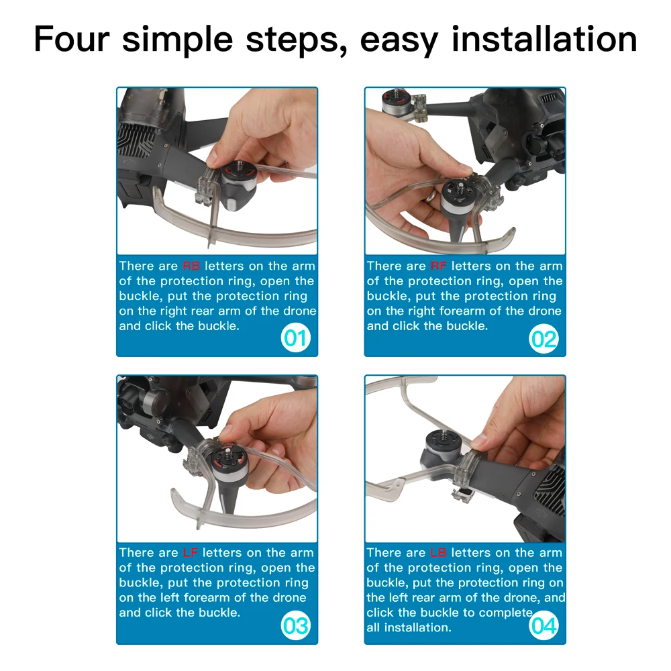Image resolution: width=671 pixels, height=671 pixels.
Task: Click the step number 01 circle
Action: coord(295,338)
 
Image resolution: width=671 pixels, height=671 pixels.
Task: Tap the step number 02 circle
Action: coord(544,339)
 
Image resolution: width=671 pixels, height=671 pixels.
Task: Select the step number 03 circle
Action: coord(295,625)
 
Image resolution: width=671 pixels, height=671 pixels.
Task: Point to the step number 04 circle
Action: coord(544,625)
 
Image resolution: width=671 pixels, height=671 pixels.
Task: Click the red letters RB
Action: coord(191,266)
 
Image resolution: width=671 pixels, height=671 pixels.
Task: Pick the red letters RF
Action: coord(439,266)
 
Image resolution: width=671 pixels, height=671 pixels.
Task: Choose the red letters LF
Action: coord(190,552)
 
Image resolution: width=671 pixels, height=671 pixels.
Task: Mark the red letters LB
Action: coord(438,552)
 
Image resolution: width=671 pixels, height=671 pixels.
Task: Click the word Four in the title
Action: coord(72,39)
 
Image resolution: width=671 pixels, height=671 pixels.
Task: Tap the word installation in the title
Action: coord(544,39)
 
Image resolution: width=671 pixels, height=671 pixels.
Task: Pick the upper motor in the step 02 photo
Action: coord(397,101)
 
